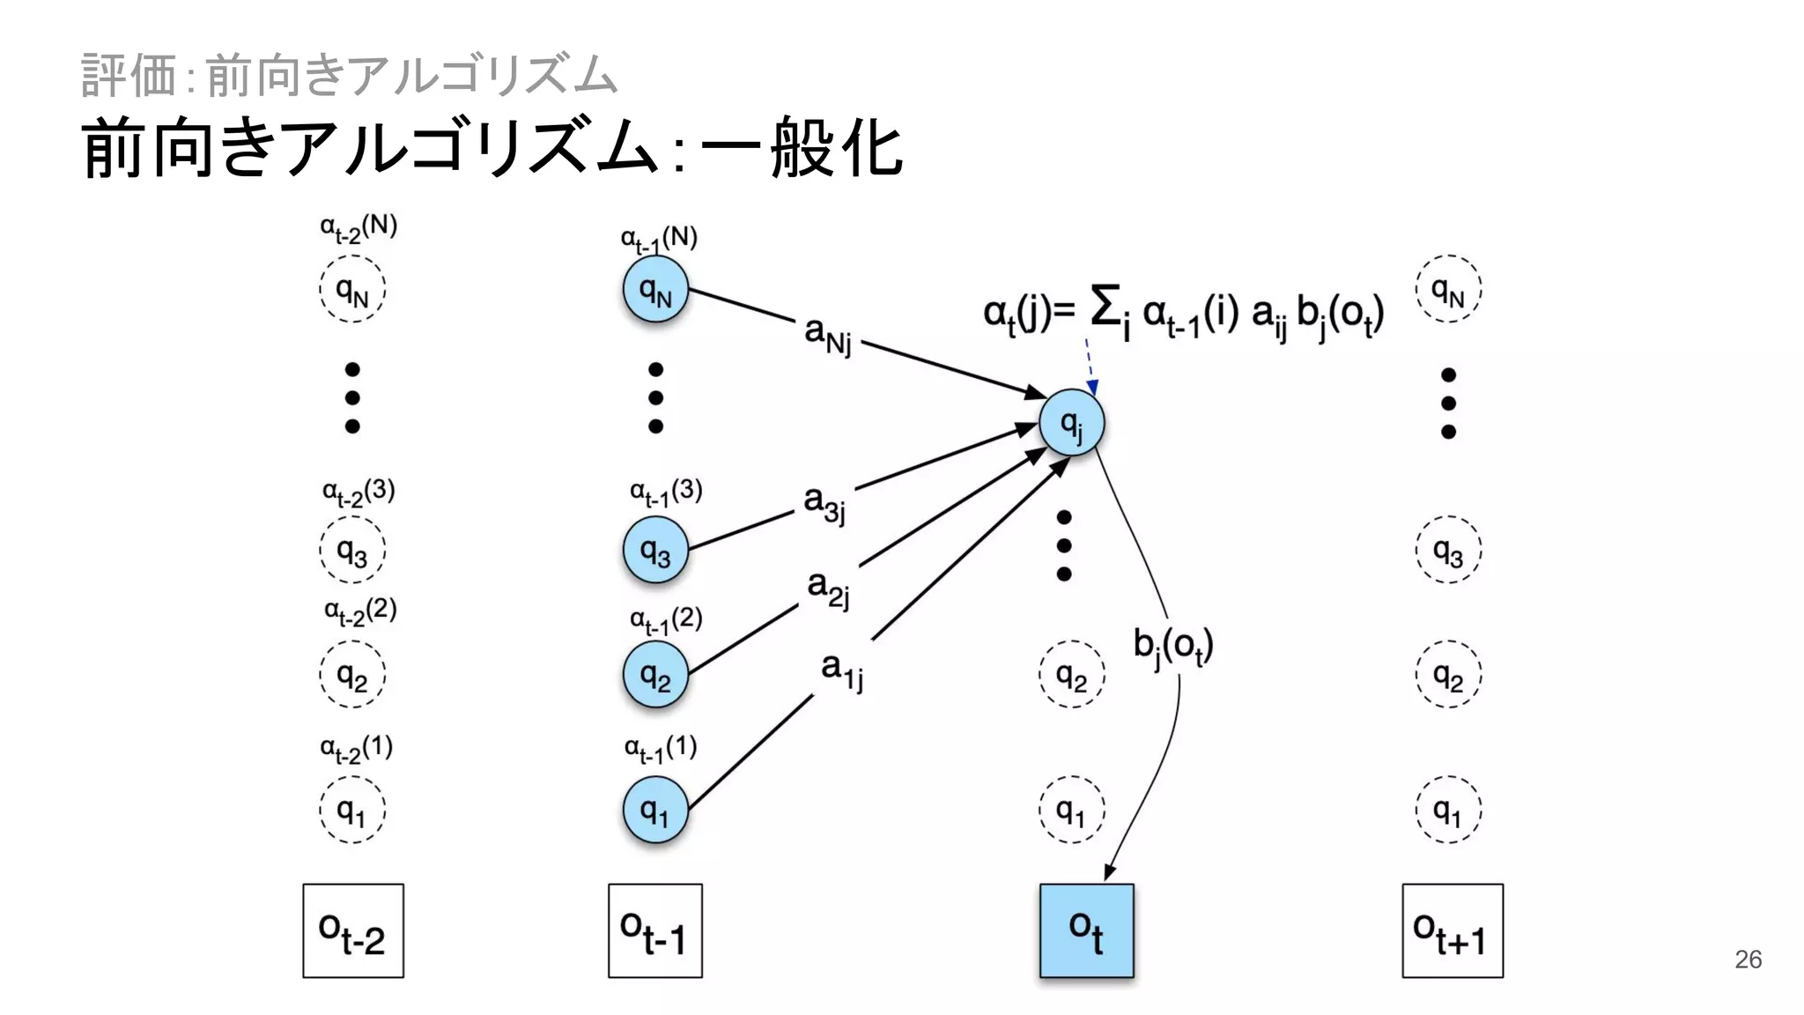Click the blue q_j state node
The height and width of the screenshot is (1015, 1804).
click(1071, 423)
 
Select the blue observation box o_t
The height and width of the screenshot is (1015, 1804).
click(1086, 930)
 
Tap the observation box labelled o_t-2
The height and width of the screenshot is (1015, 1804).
click(353, 930)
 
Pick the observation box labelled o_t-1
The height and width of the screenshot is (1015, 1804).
click(654, 930)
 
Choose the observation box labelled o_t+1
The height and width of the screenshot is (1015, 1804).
click(1452, 930)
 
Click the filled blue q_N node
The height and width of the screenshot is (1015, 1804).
click(655, 289)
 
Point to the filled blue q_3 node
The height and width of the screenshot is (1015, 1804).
click(655, 550)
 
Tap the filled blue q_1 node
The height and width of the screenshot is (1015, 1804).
click(655, 809)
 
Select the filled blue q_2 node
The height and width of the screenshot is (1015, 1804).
click(655, 675)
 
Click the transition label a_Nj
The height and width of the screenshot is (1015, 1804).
click(828, 335)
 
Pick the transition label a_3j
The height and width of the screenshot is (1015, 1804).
click(824, 502)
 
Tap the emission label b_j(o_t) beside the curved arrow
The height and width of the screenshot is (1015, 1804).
click(1172, 647)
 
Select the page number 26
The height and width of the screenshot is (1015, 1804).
click(1748, 959)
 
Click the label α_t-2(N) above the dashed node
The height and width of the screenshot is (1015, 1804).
click(359, 228)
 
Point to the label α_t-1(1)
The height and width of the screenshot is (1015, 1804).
click(661, 749)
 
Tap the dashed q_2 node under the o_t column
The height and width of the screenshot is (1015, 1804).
click(1071, 675)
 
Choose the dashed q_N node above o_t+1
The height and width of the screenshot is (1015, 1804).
click(1448, 289)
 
